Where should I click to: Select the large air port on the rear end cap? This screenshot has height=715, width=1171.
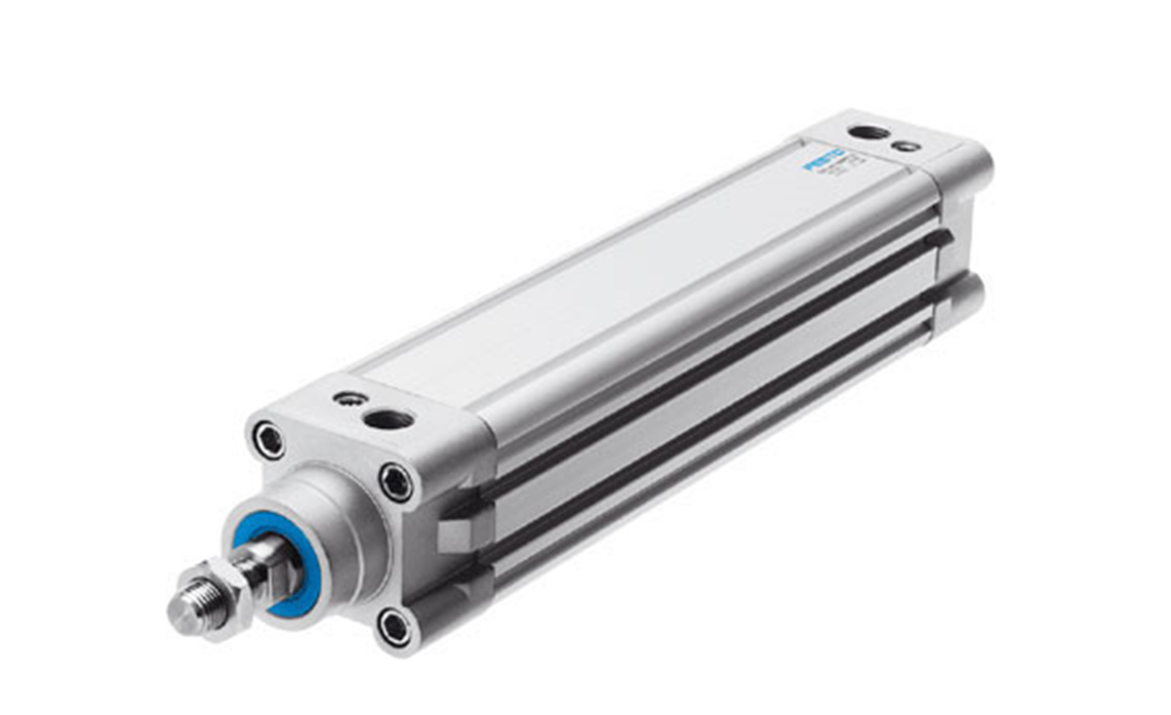(868, 132)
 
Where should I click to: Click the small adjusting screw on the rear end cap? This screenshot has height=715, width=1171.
(907, 146)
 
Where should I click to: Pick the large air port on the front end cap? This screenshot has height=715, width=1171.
(388, 419)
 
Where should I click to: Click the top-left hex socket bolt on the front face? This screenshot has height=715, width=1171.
(268, 440)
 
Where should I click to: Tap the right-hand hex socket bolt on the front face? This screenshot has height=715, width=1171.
(396, 482)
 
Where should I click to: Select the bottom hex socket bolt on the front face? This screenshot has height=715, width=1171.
(395, 627)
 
